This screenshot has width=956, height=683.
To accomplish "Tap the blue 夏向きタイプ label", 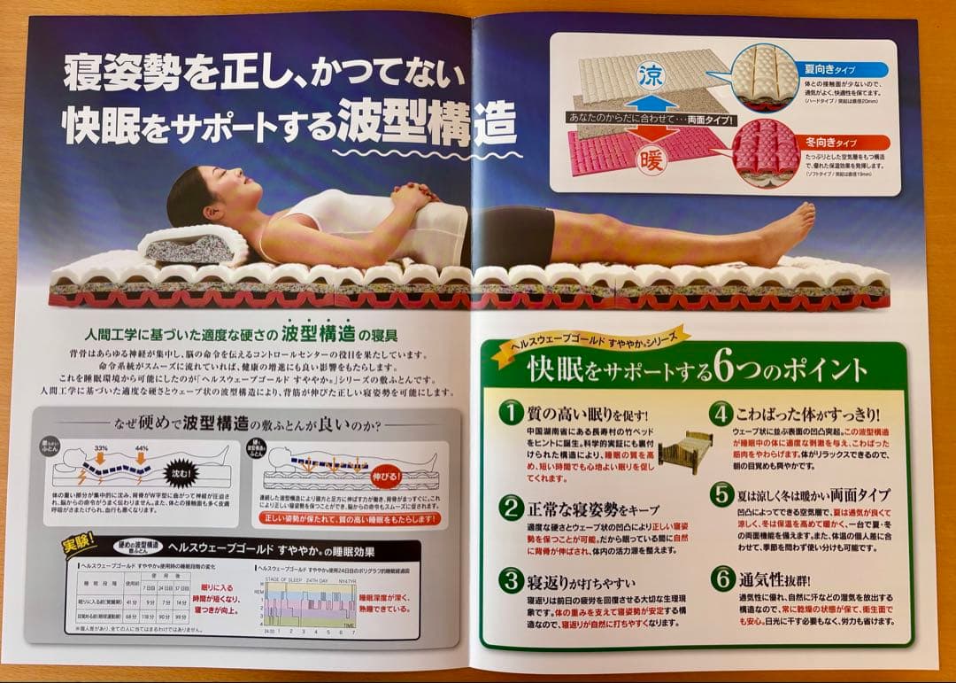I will [833, 68].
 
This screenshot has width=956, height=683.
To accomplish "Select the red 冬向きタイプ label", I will [831, 141].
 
